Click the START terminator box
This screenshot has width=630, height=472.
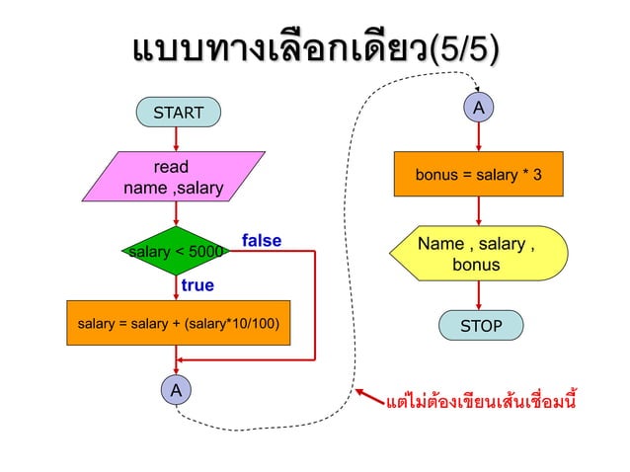pyautogui.click(x=179, y=113)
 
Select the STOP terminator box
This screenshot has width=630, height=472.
pyautogui.click(x=481, y=325)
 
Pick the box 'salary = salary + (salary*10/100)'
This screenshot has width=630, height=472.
pyautogui.click(x=178, y=323)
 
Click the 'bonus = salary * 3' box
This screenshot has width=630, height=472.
pyautogui.click(x=478, y=176)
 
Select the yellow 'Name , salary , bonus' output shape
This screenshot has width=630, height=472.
pyautogui.click(x=479, y=254)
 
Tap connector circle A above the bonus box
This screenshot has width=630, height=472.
pyautogui.click(x=478, y=107)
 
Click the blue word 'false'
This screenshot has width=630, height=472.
pyautogui.click(x=262, y=241)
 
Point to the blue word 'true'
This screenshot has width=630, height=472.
pyautogui.click(x=197, y=285)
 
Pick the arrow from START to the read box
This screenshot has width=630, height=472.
pyautogui.click(x=178, y=138)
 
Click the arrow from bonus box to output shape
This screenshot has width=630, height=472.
pyautogui.click(x=478, y=211)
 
